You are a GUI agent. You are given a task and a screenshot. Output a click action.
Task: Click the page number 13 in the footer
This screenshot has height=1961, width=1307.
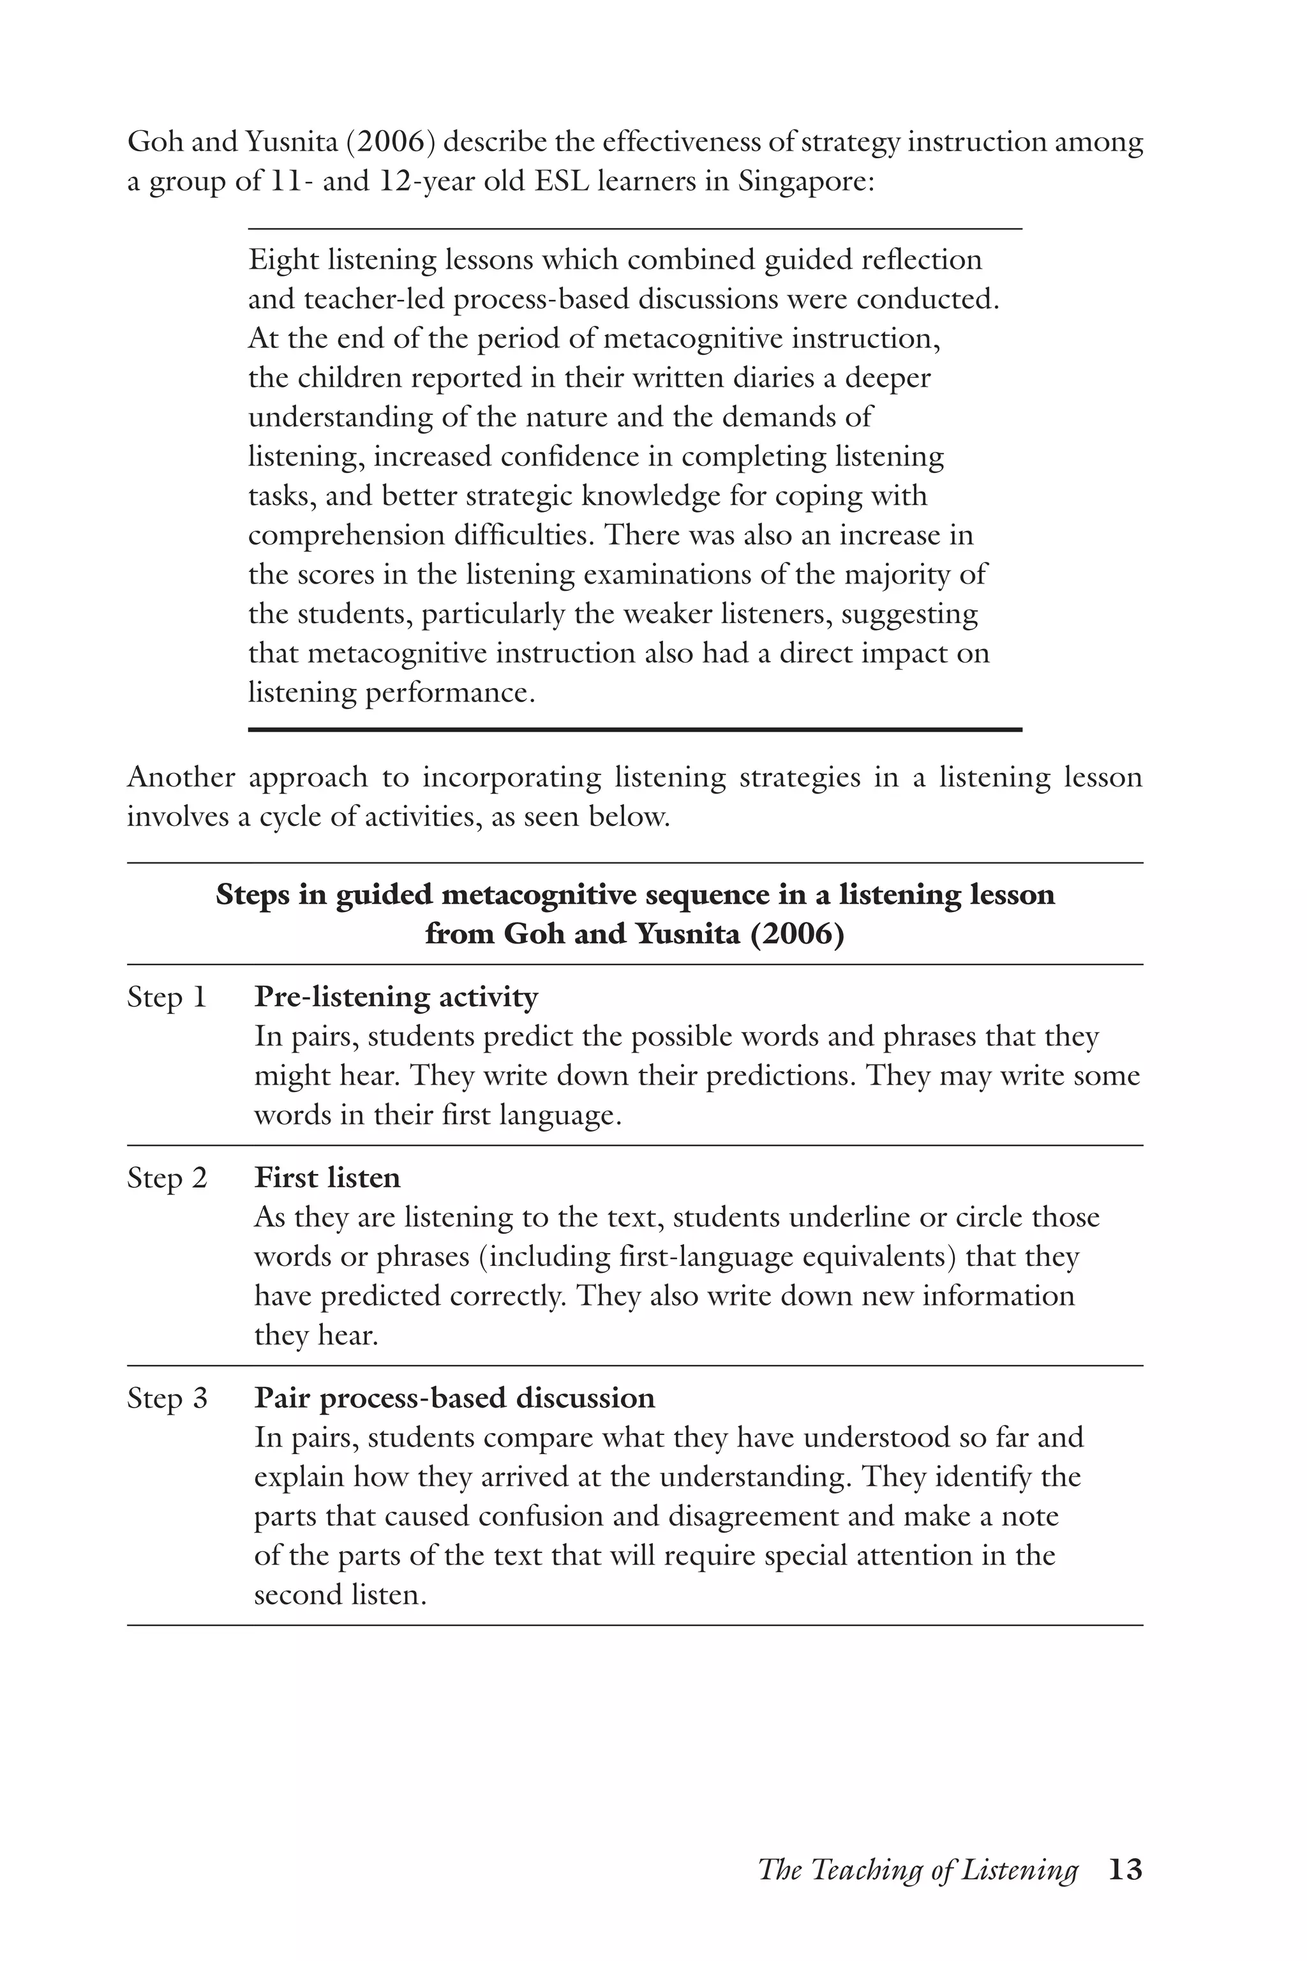pyautogui.click(x=1124, y=1868)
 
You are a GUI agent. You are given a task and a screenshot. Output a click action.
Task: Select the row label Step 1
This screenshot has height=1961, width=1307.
pyautogui.click(x=166, y=997)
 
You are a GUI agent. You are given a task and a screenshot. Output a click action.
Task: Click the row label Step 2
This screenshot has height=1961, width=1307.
pyautogui.click(x=166, y=1178)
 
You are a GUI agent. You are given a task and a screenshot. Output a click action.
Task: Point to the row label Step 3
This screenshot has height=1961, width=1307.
pyautogui.click(x=166, y=1398)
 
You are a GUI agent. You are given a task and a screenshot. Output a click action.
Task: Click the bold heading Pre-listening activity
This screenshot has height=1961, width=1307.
pyautogui.click(x=396, y=997)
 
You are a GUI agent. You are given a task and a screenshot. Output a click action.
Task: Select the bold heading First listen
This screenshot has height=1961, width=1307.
pyautogui.click(x=327, y=1178)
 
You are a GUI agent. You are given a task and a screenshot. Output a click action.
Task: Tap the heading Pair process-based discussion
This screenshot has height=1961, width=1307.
pyautogui.click(x=454, y=1398)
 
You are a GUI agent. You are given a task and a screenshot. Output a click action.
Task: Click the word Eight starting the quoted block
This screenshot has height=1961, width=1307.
pyautogui.click(x=283, y=260)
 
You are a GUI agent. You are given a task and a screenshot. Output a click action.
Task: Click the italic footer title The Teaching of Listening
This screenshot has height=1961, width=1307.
pyautogui.click(x=918, y=1870)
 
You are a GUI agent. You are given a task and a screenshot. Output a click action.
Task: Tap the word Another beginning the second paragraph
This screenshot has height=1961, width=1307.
pyautogui.click(x=181, y=777)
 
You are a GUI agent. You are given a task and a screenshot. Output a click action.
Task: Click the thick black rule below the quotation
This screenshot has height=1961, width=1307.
pyautogui.click(x=634, y=730)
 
